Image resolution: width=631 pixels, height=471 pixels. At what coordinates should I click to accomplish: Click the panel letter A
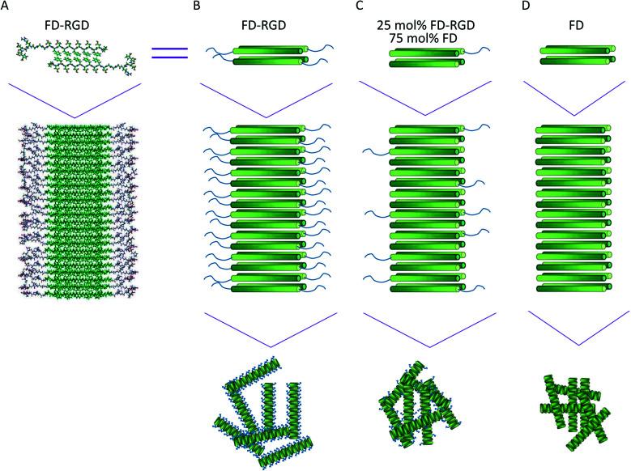click(x=6, y=6)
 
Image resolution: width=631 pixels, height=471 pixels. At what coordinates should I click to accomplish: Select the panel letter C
click(x=360, y=6)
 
